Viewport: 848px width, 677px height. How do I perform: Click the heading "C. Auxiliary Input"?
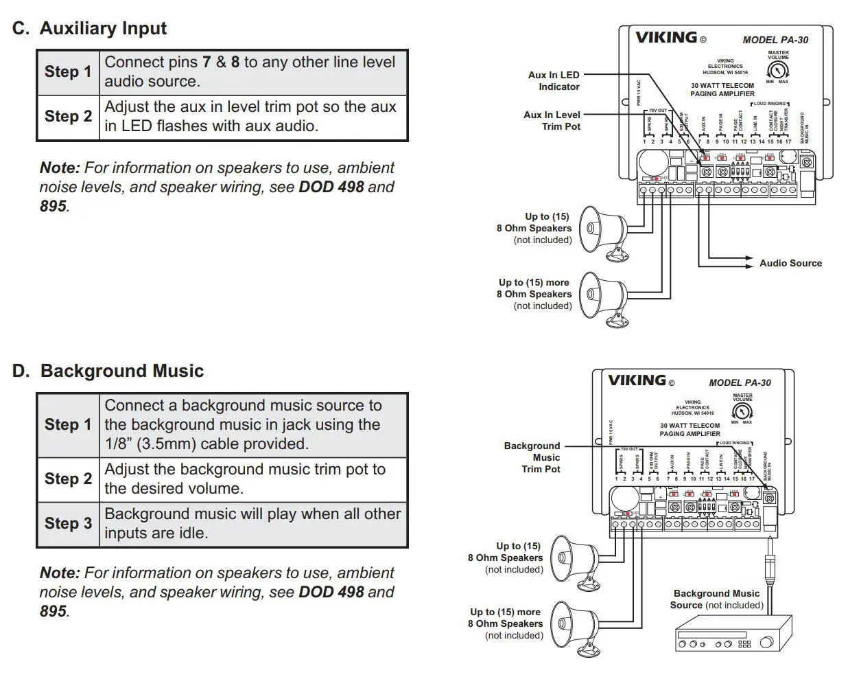click(89, 28)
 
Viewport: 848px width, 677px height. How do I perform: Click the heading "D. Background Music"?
click(108, 371)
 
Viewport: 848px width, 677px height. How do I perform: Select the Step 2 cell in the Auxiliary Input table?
click(68, 117)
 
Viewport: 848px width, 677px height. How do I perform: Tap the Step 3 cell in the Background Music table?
click(68, 524)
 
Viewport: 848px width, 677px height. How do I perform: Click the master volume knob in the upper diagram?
click(777, 70)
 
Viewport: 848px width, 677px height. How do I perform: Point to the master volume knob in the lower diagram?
click(742, 411)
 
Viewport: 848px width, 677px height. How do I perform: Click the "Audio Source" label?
click(790, 263)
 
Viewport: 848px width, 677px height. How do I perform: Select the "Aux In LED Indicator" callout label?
click(554, 81)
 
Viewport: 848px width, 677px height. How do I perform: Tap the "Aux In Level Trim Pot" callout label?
click(552, 121)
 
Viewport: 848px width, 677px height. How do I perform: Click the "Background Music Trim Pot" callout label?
click(532, 457)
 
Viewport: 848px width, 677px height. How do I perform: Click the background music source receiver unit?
click(733, 633)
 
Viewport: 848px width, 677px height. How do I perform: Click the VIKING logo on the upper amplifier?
click(666, 38)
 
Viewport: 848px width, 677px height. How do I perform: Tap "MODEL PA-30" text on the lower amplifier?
click(740, 382)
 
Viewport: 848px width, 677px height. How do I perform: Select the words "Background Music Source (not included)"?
click(716, 599)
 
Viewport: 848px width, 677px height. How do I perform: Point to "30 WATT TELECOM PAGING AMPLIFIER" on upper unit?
click(722, 90)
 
